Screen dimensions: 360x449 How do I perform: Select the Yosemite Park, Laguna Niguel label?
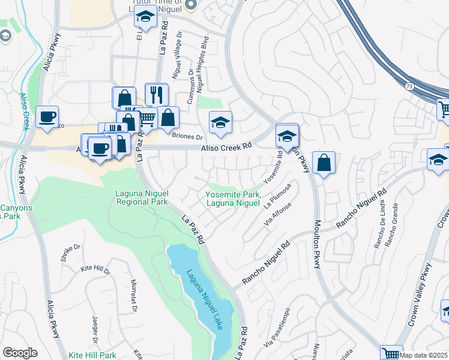coord(233,199)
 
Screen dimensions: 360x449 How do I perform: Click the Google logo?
coord(20,353)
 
